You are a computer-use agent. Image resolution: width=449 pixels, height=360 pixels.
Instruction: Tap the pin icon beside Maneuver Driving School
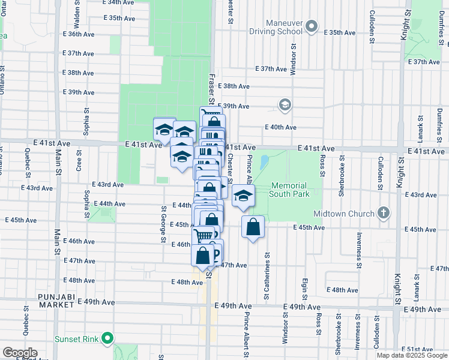pos(311,26)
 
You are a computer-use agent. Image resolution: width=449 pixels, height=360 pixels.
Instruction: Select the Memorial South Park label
pos(289,190)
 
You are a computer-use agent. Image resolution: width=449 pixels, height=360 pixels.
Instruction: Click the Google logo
pos(19,352)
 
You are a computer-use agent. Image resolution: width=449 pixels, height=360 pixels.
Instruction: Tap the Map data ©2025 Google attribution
pos(412,355)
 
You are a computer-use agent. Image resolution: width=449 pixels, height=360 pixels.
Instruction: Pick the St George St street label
pos(163,225)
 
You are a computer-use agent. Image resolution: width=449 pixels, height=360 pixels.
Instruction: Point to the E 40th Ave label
pos(281,127)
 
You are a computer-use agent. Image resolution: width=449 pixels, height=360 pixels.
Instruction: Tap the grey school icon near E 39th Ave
pos(285,105)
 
